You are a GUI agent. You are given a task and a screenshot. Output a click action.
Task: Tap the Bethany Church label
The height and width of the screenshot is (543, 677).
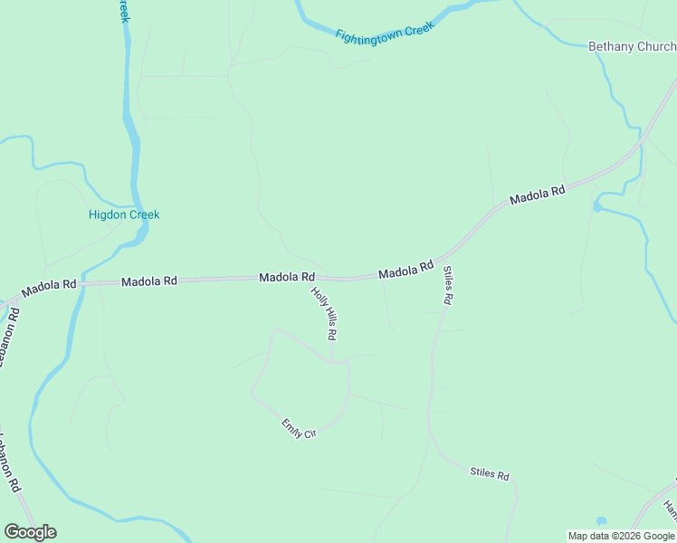click(x=632, y=46)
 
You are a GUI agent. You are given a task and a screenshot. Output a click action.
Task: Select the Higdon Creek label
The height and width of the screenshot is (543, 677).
click(x=124, y=214)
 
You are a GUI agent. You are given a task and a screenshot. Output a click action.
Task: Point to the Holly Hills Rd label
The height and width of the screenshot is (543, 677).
click(x=324, y=312)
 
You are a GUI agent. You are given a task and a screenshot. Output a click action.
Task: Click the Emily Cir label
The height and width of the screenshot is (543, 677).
click(x=299, y=428)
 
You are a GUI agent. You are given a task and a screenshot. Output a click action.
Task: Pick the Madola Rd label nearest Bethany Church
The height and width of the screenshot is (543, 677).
click(x=537, y=194)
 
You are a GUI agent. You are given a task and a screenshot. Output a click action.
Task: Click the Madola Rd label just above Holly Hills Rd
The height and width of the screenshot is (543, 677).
click(x=287, y=277)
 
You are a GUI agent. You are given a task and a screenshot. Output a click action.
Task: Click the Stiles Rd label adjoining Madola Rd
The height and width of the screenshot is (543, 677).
click(x=447, y=286)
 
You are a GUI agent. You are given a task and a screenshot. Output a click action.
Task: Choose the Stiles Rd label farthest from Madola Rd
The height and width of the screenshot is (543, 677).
click(x=490, y=473)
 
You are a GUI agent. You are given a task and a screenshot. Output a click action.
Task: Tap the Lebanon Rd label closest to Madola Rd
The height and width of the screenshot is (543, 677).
click(x=9, y=337)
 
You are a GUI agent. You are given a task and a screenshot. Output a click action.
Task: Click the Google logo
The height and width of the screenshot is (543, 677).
click(x=30, y=532)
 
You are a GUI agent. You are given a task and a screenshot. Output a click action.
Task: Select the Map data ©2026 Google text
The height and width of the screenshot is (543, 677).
click(x=622, y=536)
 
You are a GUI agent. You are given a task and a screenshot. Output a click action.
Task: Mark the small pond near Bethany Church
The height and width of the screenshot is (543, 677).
click(x=596, y=207)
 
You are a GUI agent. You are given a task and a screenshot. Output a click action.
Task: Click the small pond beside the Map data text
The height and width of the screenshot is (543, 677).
click(x=601, y=521)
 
